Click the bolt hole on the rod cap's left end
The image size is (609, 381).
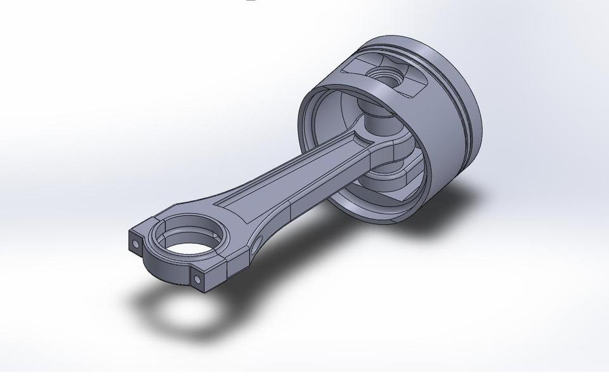coord(136,243)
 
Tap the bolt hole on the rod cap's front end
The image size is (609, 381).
coord(197,279)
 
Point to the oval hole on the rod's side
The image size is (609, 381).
coord(258,244)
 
